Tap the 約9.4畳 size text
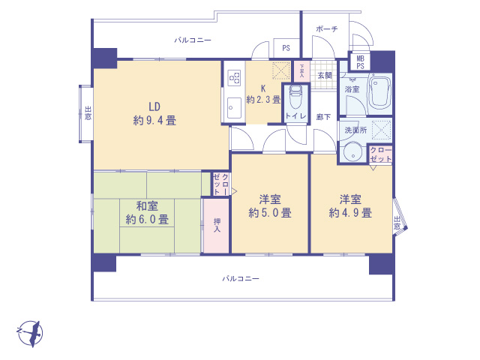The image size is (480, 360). tap(154, 119)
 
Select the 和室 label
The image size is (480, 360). tap(147, 205)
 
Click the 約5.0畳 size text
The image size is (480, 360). tap(270, 213)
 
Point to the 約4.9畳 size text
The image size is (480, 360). tap(350, 213)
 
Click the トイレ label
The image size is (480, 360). tap(294, 116)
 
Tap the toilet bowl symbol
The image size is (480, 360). tap(295, 96)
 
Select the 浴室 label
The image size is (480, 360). tap(351, 89)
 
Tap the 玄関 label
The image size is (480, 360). tap(324, 75)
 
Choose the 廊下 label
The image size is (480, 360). tap(324, 117)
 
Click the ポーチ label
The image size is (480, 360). tap(327, 28)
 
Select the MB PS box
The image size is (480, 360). tap(361, 61)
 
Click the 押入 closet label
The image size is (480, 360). tap(216, 225)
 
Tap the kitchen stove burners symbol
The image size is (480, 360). tap(232, 77)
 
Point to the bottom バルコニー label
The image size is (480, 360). tap(240, 278)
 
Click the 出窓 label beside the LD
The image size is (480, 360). tap(88, 114)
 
